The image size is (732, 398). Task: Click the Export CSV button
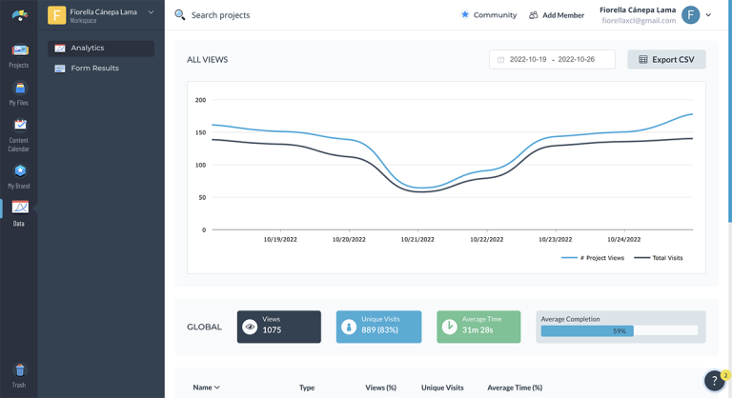[x=666, y=59]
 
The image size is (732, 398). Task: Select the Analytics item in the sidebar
[x=101, y=48]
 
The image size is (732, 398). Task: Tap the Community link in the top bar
[x=488, y=15]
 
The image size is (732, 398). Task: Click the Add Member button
[x=557, y=15]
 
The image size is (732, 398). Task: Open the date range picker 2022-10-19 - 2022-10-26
[x=552, y=59]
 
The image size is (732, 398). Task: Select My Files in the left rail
[x=19, y=93]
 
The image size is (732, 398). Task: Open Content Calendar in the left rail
[x=19, y=134]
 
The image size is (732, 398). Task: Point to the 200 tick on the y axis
[x=200, y=100]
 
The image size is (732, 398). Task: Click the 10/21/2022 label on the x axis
[x=417, y=239]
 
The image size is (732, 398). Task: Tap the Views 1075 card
[x=279, y=327]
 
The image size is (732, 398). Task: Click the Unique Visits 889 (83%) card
[x=378, y=327]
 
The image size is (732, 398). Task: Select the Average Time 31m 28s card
[x=478, y=327]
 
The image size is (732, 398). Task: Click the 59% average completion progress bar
[x=620, y=331]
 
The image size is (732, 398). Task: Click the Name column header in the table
[x=206, y=388]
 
